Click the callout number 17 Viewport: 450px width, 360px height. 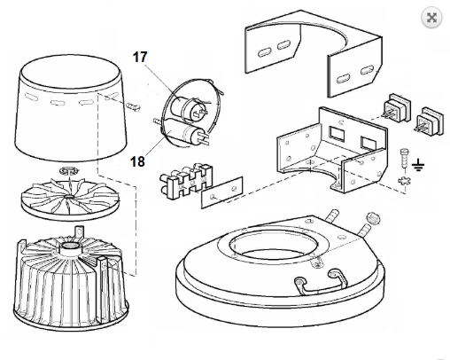(140, 57)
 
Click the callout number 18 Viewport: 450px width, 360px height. (137, 161)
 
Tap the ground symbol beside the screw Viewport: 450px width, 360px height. (418, 165)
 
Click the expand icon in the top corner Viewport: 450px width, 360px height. (431, 18)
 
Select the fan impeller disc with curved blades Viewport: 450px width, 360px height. (70, 199)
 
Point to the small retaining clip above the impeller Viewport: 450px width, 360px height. (69, 171)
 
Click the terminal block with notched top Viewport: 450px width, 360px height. (187, 181)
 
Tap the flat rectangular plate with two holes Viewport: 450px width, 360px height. (222, 192)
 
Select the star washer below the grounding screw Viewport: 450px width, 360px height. (405, 181)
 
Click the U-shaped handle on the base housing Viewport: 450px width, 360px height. (320, 282)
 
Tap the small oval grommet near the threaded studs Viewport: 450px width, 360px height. (373, 219)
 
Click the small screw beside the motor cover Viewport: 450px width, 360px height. (134, 107)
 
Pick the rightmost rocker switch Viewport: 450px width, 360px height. (431, 121)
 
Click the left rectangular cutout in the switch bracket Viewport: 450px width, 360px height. (337, 133)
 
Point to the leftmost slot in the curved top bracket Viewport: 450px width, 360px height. (265, 53)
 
